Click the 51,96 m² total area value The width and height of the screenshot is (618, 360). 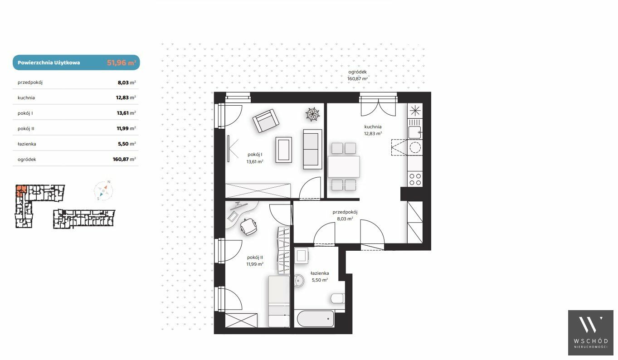(122, 63)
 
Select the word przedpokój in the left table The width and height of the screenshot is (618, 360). (30, 82)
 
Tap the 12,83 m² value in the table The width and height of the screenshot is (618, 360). (126, 97)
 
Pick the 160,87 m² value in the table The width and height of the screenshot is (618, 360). (124, 159)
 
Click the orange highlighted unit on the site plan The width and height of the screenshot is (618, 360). (21, 190)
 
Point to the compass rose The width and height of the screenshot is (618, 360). (103, 190)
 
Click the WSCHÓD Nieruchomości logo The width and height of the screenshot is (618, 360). (590, 332)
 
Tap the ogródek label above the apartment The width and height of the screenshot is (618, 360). (357, 72)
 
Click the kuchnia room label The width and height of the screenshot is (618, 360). (373, 126)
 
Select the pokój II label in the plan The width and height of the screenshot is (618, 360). (255, 258)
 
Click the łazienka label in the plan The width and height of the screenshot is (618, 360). (320, 273)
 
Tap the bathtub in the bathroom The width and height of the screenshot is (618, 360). (315, 319)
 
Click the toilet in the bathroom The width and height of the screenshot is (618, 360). (337, 298)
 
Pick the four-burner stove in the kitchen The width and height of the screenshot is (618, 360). (415, 179)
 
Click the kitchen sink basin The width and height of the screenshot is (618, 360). (414, 132)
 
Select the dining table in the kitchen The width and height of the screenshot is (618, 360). (344, 166)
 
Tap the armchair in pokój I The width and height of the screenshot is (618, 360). (265, 121)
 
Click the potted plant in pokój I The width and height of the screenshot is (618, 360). (312, 114)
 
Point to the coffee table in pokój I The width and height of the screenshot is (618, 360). (284, 150)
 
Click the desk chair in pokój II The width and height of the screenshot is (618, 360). (248, 227)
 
